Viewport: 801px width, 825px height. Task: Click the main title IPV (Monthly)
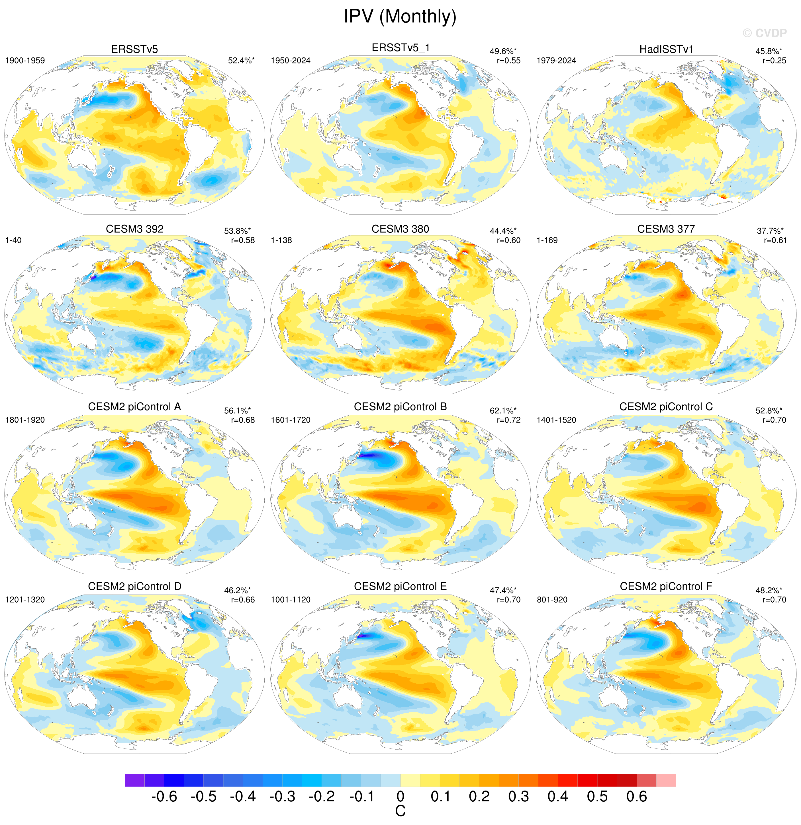point(400,17)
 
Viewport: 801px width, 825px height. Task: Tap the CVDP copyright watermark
point(765,33)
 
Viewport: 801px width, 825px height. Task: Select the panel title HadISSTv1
point(666,49)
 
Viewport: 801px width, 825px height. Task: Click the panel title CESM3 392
point(134,229)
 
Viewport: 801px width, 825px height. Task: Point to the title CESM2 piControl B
point(400,407)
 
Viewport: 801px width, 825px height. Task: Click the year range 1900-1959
point(25,61)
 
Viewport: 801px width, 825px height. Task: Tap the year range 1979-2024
point(556,61)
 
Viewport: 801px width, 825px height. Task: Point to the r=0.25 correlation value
point(775,61)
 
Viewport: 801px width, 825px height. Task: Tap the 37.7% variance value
point(770,231)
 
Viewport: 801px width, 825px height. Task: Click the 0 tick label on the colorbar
point(400,796)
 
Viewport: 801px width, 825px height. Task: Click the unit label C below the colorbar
point(400,811)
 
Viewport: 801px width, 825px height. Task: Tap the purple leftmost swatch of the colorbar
point(134,780)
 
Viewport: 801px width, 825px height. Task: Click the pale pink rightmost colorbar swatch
point(666,780)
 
